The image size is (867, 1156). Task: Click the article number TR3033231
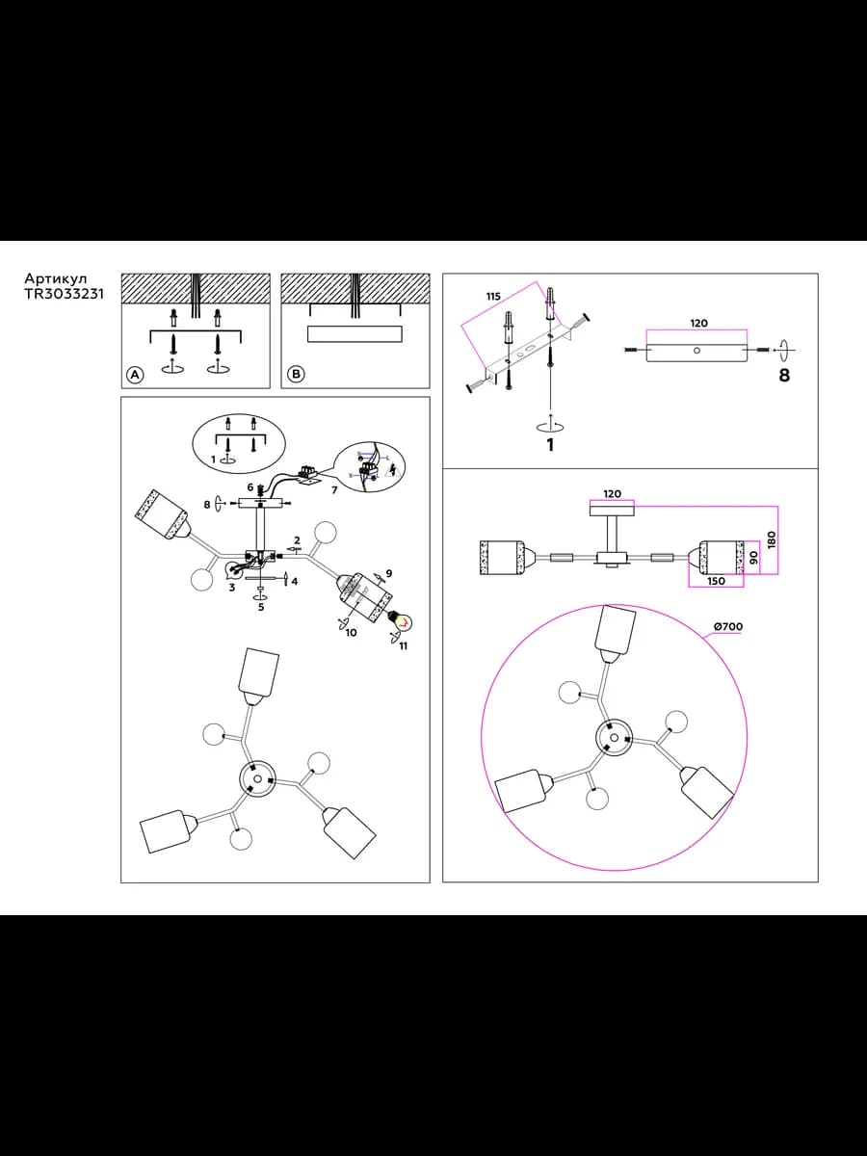point(65,294)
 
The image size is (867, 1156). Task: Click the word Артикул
point(56,278)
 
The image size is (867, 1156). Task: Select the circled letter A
point(135,375)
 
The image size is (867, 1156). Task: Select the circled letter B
point(297,374)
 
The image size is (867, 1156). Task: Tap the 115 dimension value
point(493,297)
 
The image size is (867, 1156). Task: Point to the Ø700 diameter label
point(728,627)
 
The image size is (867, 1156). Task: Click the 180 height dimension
point(772,539)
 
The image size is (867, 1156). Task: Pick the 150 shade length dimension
point(717,581)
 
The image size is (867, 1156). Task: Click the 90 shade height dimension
point(753,556)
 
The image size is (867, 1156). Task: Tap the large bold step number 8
point(784,375)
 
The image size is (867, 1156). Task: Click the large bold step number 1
point(551,444)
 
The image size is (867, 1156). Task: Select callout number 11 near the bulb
point(404,646)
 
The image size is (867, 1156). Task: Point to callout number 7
point(333,490)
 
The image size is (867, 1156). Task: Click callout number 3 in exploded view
point(231,588)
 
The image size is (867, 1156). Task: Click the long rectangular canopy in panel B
point(355,334)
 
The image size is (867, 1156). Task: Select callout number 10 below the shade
point(351,632)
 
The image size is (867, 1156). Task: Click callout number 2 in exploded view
point(297,539)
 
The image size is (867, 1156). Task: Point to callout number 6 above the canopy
point(250,487)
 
